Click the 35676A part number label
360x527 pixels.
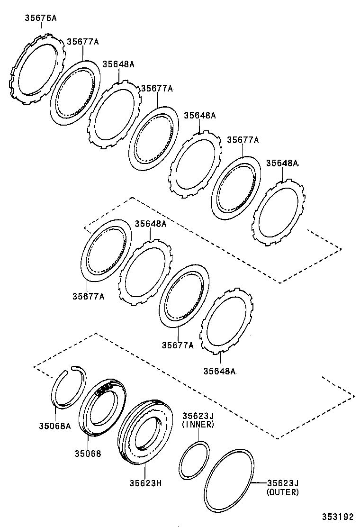(40, 18)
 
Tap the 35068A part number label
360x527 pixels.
(54, 426)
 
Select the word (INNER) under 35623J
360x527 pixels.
(198, 424)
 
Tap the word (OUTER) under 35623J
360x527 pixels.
(283, 492)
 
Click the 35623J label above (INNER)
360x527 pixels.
(198, 416)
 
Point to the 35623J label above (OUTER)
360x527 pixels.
(283, 483)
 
